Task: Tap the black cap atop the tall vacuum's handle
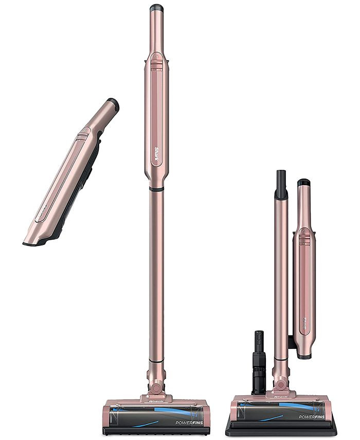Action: click(156, 8)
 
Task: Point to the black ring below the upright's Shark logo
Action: click(156, 190)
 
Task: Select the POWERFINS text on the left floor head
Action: click(187, 423)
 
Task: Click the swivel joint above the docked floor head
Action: click(281, 384)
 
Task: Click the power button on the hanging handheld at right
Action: click(303, 237)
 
